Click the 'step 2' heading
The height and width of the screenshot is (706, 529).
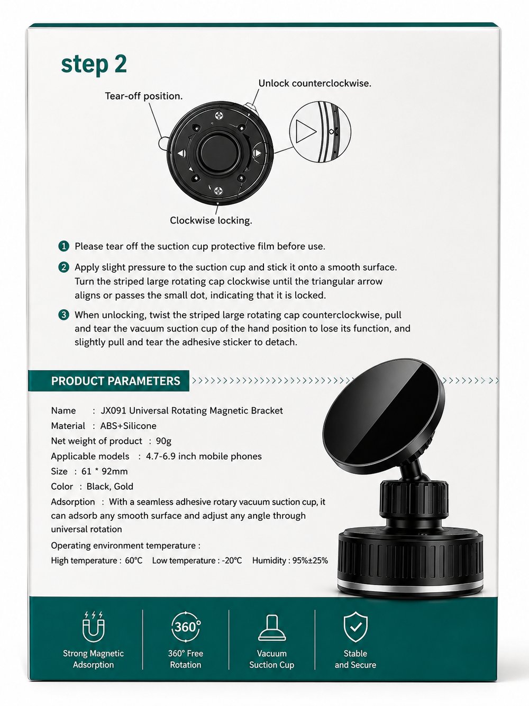tap(94, 65)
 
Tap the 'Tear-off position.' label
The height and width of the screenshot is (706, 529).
tap(143, 96)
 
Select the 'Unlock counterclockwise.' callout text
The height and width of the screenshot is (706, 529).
tap(315, 84)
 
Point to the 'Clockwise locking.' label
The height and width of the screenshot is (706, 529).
tap(211, 221)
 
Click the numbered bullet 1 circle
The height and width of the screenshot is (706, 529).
tap(63, 246)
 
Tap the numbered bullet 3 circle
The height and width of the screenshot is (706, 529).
tap(63, 315)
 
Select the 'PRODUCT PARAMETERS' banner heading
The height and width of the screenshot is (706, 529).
tap(116, 381)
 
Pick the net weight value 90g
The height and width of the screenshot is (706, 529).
tap(163, 441)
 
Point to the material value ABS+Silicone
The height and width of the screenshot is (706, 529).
tap(128, 426)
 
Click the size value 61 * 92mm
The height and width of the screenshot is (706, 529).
tap(104, 471)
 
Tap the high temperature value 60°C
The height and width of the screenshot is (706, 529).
tap(134, 561)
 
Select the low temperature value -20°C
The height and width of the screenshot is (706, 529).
tap(232, 561)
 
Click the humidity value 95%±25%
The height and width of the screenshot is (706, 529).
tap(310, 561)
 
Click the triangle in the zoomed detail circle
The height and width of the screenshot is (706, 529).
tap(305, 131)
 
